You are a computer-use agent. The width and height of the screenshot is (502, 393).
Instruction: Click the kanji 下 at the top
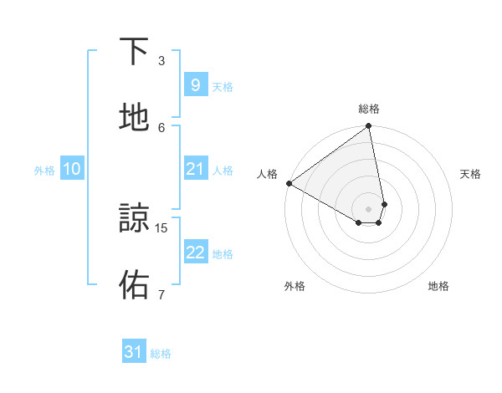pyautogui.click(x=135, y=51)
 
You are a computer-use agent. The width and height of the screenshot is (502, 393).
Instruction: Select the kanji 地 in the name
pyautogui.click(x=135, y=118)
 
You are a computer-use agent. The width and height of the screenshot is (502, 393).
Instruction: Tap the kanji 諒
pyautogui.click(x=135, y=219)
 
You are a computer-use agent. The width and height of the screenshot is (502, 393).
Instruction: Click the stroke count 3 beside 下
pyautogui.click(x=161, y=60)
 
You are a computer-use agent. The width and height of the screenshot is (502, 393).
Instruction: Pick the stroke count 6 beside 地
pyautogui.click(x=161, y=127)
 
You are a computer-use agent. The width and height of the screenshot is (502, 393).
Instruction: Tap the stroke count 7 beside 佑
pyautogui.click(x=161, y=294)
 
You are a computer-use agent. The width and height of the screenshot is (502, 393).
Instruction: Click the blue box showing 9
pyautogui.click(x=195, y=84)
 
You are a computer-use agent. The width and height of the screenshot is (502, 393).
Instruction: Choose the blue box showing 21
pyautogui.click(x=195, y=169)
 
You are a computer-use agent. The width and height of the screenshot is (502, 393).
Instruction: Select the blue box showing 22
pyautogui.click(x=195, y=253)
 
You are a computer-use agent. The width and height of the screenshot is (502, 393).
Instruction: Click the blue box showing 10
pyautogui.click(x=72, y=169)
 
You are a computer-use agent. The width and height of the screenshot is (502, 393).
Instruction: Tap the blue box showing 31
pyautogui.click(x=134, y=352)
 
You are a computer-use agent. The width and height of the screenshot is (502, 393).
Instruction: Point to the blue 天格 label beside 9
pyautogui.click(x=223, y=87)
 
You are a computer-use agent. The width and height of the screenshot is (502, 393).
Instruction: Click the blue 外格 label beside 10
pyautogui.click(x=44, y=171)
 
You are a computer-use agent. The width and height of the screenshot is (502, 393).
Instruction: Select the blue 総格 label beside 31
pyautogui.click(x=161, y=354)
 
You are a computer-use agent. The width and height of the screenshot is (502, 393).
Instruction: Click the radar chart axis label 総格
pyautogui.click(x=369, y=109)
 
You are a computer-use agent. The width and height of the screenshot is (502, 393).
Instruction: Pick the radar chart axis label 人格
pyautogui.click(x=268, y=174)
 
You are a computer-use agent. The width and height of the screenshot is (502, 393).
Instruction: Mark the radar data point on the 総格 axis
pyautogui.click(x=369, y=127)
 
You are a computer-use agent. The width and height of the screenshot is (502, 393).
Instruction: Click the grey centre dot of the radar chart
pyautogui.click(x=369, y=209)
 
